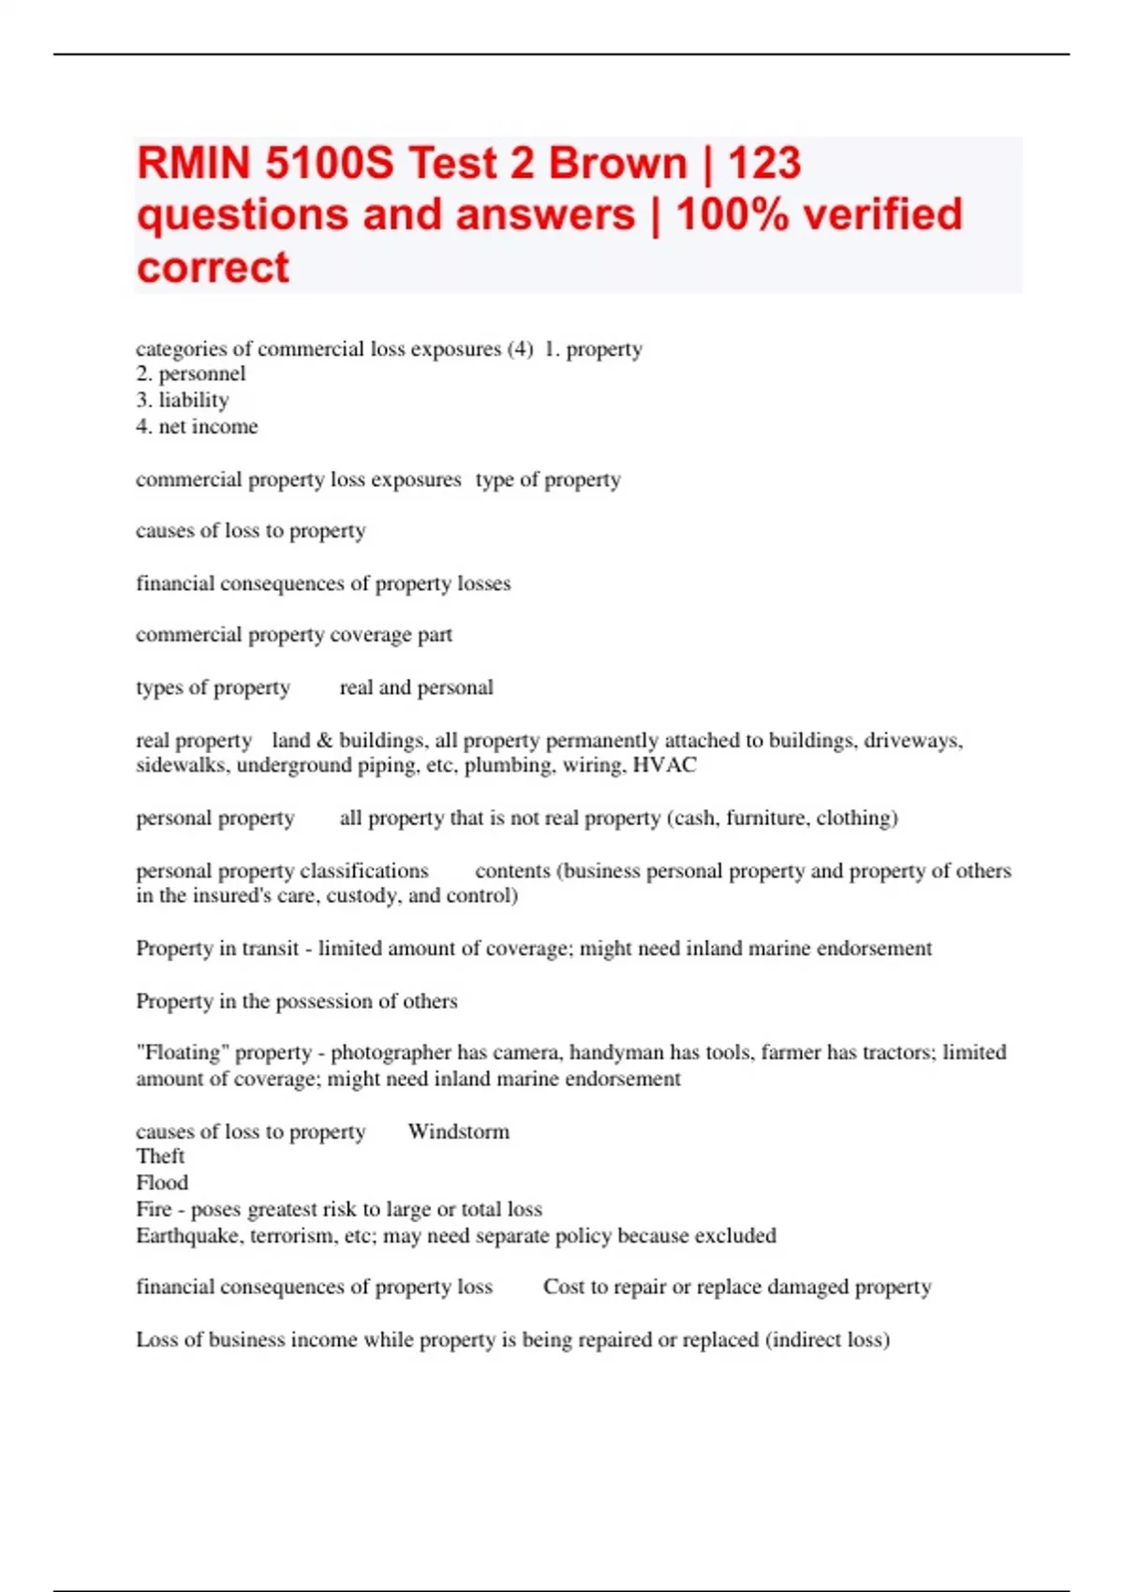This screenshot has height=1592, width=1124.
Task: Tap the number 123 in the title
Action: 763,163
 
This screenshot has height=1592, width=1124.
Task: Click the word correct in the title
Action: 213,267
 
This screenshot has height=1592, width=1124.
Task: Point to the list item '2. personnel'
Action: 191,374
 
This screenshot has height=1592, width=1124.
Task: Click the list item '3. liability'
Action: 183,400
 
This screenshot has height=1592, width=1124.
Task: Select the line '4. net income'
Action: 197,426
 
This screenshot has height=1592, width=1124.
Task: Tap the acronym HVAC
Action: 665,765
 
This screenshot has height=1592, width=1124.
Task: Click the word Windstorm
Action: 459,1131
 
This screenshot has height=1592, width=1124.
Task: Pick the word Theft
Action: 160,1157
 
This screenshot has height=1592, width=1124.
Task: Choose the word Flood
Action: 162,1183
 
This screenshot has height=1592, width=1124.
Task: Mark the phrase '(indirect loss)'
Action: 827,1339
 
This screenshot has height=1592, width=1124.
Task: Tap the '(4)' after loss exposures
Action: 520,349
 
